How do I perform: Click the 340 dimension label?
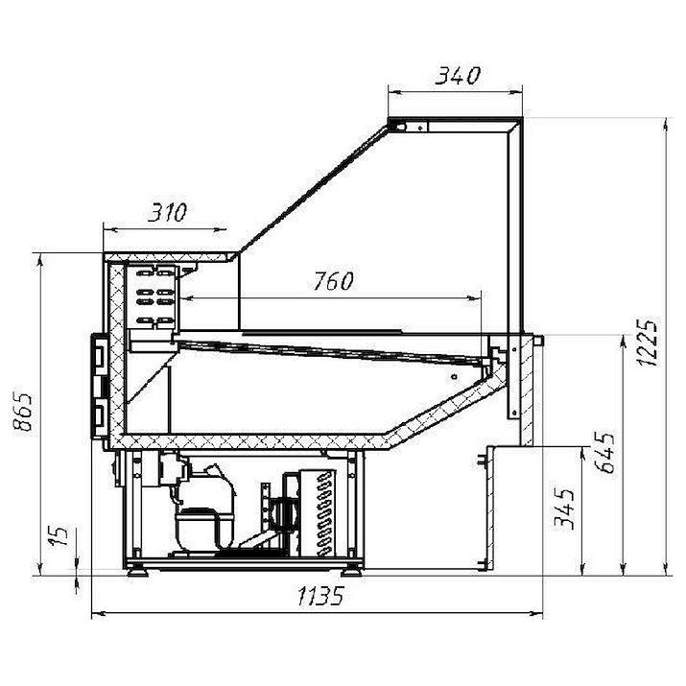pyautogui.click(x=458, y=76)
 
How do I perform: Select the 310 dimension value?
pyautogui.click(x=167, y=212)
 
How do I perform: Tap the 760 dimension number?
pyautogui.click(x=333, y=281)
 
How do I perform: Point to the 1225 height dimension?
pyautogui.click(x=647, y=343)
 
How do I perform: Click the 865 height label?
pyautogui.click(x=23, y=413)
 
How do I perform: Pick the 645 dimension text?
pyautogui.click(x=605, y=452)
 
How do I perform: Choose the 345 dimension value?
pyautogui.click(x=564, y=509)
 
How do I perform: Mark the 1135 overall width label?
pyautogui.click(x=320, y=596)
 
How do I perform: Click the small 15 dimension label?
pyautogui.click(x=59, y=535)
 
